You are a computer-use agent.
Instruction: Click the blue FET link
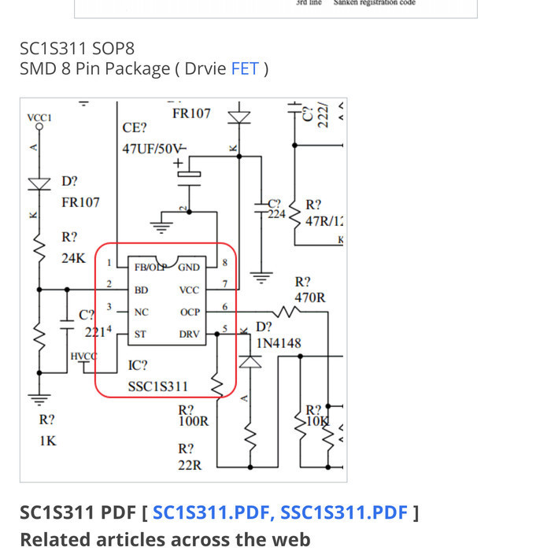coord(244,68)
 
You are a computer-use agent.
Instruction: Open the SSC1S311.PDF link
coord(344,513)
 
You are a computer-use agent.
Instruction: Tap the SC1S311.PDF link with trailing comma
coord(214,513)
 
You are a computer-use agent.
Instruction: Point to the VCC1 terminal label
coord(39,117)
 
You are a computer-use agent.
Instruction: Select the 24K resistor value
coord(73,257)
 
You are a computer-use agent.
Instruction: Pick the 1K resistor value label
coord(47,440)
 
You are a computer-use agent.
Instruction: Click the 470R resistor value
coord(309,298)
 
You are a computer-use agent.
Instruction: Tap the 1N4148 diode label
coord(279,343)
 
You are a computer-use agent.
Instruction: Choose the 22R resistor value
coord(190,465)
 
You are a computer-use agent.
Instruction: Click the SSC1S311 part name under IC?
coord(158,386)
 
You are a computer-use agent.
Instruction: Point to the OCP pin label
coord(190,312)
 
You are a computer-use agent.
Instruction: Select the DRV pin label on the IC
coord(189,335)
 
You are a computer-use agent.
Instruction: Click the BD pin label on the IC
coord(141,290)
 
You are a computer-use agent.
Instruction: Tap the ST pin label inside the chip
coord(140,335)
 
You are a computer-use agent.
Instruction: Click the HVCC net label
coord(83,357)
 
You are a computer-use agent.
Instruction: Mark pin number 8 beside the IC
coord(225,262)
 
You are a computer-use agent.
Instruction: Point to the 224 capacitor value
coord(276,214)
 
